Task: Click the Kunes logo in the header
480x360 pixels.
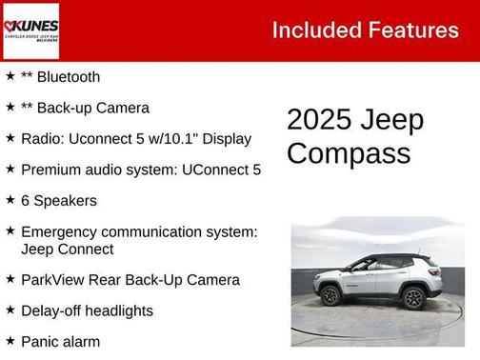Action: tap(31, 30)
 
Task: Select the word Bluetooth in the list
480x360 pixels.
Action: tap(68, 77)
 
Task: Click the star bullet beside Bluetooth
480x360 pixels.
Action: tap(10, 76)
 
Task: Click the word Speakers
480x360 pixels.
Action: tap(67, 201)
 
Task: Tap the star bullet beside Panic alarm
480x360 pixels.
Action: tap(10, 341)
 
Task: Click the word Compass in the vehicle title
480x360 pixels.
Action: tap(349, 153)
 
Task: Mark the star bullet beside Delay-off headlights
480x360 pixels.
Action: tap(10, 310)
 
